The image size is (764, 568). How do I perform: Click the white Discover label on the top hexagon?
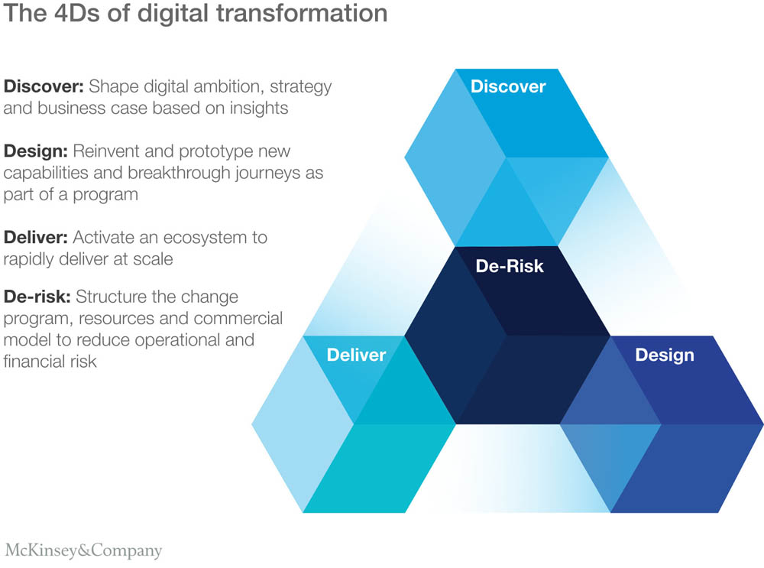[x=508, y=86]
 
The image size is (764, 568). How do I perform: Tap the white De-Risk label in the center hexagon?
[x=509, y=266]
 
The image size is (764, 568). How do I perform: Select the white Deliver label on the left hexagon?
[x=356, y=355]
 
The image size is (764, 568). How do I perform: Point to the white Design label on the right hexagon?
[x=665, y=355]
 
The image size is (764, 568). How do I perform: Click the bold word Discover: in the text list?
[x=44, y=86]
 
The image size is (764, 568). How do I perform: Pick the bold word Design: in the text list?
[x=36, y=151]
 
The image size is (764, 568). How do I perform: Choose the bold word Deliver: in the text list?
[x=36, y=238]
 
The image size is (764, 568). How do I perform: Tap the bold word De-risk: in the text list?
[x=37, y=297]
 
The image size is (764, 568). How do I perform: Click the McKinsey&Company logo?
[x=83, y=550]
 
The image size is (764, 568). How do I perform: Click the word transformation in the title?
[x=302, y=13]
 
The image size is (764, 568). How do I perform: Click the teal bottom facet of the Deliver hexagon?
[x=380, y=468]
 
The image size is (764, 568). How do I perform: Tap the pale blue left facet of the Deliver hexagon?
[x=303, y=424]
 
